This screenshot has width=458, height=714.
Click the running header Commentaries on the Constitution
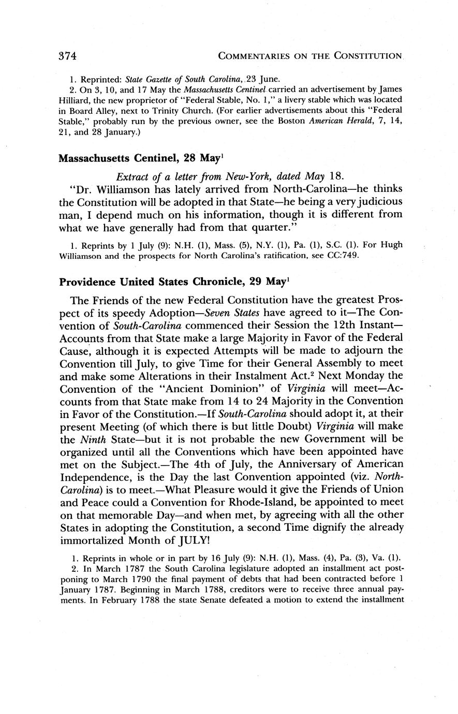(x=311, y=55)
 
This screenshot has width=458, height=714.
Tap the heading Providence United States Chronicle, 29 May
(x=171, y=282)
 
